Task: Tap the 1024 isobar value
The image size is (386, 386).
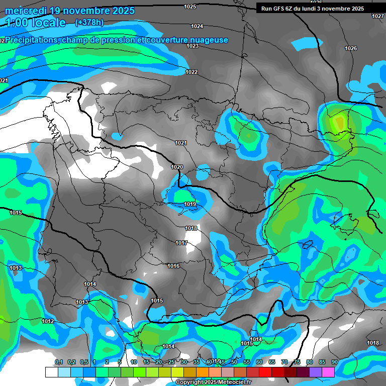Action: [197, 26]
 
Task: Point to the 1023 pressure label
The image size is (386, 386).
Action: [192, 46]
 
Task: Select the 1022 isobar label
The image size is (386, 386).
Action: [191, 72]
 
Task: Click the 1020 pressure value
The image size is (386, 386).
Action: [177, 167]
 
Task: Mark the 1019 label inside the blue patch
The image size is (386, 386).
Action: [190, 204]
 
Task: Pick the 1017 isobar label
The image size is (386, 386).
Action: [181, 243]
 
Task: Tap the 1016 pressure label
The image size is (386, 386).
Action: [173, 266]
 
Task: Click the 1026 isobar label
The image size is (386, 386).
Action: [351, 48]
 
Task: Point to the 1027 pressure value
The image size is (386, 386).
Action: [378, 16]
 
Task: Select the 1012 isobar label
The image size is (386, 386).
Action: [48, 321]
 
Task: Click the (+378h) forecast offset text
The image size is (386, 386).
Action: [89, 22]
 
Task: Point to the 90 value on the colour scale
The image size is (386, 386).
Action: [334, 362]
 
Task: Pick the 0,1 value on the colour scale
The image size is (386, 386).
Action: [59, 362]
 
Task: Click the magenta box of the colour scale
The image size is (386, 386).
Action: [342, 372]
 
